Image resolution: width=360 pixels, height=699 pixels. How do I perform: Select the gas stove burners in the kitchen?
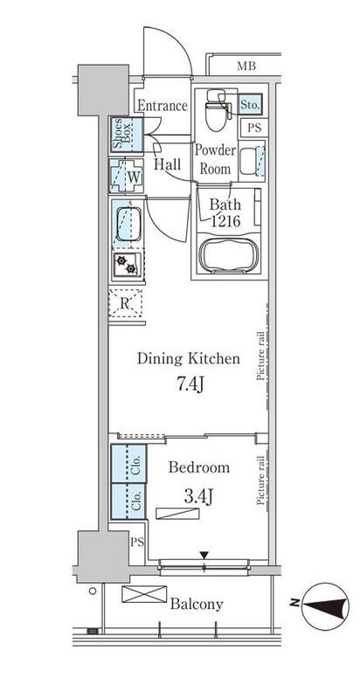pyautogui.click(x=127, y=265)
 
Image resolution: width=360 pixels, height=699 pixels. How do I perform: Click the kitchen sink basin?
pyautogui.click(x=128, y=224)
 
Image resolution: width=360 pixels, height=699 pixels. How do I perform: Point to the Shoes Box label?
pyautogui.click(x=121, y=134)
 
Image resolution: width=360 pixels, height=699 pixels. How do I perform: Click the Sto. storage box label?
pyautogui.click(x=250, y=104)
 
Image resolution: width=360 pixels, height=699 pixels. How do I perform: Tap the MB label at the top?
pyautogui.click(x=246, y=67)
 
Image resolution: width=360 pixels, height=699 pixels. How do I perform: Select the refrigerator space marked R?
pyautogui.click(x=125, y=303)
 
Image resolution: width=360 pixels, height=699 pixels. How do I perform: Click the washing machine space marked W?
pyautogui.click(x=134, y=176)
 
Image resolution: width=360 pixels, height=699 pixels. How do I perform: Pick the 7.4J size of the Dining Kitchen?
pyautogui.click(x=189, y=384)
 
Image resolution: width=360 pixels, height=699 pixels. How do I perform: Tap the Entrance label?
pyautogui.click(x=163, y=106)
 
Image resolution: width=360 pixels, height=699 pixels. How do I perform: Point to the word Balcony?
pyautogui.click(x=197, y=605)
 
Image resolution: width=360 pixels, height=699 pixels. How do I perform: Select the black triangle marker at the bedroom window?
pyautogui.click(x=204, y=555)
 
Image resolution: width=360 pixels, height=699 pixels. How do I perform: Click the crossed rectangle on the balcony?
pyautogui.click(x=144, y=594)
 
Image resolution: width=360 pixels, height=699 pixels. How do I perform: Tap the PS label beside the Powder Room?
pyautogui.click(x=254, y=128)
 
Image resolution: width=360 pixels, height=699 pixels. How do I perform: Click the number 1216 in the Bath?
pyautogui.click(x=225, y=220)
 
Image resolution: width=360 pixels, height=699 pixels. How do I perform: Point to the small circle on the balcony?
pyautogui.click(x=93, y=592)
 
